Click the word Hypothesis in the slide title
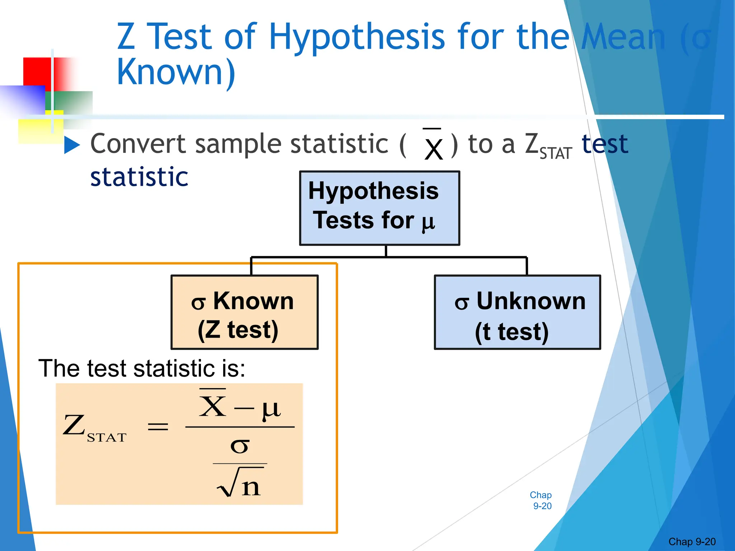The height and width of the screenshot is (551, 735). [357, 37]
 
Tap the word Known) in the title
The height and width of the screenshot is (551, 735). [176, 72]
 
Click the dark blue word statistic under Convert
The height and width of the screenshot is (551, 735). [139, 177]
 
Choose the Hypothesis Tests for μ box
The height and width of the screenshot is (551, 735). [379, 208]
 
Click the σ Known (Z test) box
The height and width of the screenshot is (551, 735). [244, 312]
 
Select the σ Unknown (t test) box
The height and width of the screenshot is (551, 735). [517, 312]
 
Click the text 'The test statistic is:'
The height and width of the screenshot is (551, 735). [142, 368]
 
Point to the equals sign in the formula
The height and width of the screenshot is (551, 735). [158, 427]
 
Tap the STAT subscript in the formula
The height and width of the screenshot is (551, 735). [107, 438]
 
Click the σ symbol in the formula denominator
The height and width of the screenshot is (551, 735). [239, 446]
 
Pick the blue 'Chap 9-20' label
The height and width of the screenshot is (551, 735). [541, 500]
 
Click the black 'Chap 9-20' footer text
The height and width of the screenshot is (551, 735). [692, 542]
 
